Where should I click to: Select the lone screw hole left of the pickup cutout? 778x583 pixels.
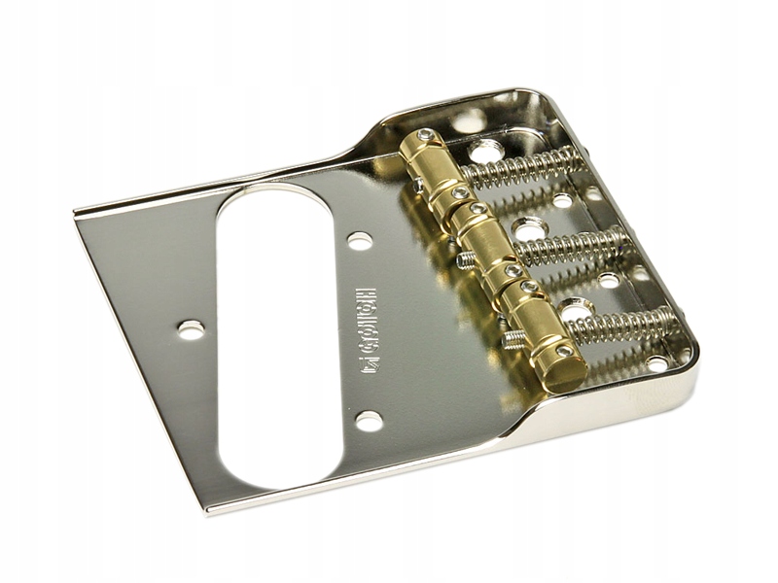pyautogui.click(x=192, y=329)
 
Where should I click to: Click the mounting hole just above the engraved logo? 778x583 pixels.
pyautogui.click(x=359, y=240)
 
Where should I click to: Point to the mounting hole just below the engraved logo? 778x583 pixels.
pyautogui.click(x=369, y=421)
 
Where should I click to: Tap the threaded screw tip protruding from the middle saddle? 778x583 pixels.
pyautogui.click(x=466, y=259)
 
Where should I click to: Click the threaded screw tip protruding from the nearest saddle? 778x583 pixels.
pyautogui.click(x=513, y=338)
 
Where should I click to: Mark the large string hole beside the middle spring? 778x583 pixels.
pyautogui.click(x=528, y=229)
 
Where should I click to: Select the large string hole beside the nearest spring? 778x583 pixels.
pyautogui.click(x=576, y=310)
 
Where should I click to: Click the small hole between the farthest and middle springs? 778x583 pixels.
pyautogui.click(x=562, y=201)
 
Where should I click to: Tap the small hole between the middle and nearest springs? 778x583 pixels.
pyautogui.click(x=609, y=282)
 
